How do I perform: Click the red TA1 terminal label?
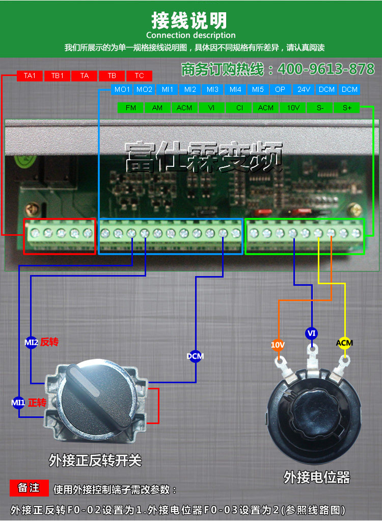30,76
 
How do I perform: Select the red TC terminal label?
139,76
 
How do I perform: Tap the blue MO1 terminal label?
122,89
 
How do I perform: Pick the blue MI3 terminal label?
212,89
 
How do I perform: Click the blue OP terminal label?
280,89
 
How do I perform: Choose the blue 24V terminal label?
304,89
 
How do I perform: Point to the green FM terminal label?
131,108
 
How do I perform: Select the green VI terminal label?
212,108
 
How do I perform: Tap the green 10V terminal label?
293,108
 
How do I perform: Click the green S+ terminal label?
347,108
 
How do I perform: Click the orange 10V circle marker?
278,345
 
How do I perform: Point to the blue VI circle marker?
312,333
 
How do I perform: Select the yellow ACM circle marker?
344,343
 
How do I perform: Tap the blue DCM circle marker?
196,356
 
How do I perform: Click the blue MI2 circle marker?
32,342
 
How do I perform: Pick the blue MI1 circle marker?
18,403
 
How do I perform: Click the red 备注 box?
29,488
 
